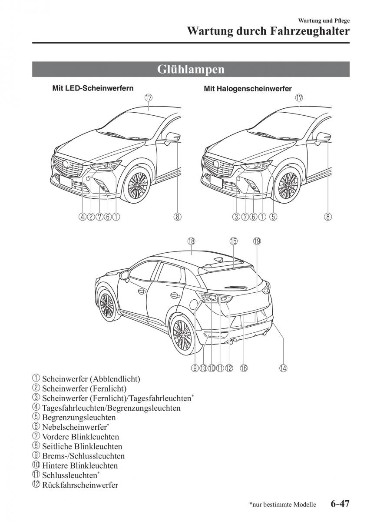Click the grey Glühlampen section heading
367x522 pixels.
(x=191, y=70)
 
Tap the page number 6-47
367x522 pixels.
(x=340, y=504)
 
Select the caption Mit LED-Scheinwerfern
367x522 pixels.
(x=93, y=88)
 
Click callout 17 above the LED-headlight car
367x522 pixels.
(x=149, y=98)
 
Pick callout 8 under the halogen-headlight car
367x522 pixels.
(x=328, y=216)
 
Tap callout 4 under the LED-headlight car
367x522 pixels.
(x=83, y=216)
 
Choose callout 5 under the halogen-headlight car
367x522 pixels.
(x=273, y=216)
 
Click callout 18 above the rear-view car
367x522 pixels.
(x=191, y=241)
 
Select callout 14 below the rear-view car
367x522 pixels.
(x=283, y=368)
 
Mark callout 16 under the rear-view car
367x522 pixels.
(x=243, y=368)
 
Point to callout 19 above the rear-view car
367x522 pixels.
(x=256, y=241)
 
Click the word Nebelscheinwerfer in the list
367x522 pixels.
(x=74, y=427)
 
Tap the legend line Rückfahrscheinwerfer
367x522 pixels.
(x=80, y=485)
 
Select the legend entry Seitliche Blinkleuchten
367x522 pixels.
(x=82, y=446)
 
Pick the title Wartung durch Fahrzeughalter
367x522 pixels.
(x=268, y=31)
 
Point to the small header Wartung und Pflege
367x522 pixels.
(x=324, y=20)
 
